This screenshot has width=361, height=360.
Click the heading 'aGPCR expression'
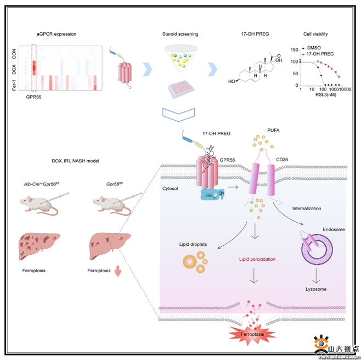(x=57, y=34)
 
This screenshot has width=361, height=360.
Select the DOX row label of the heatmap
(x=14, y=70)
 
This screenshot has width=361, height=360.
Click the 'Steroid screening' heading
(x=179, y=34)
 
